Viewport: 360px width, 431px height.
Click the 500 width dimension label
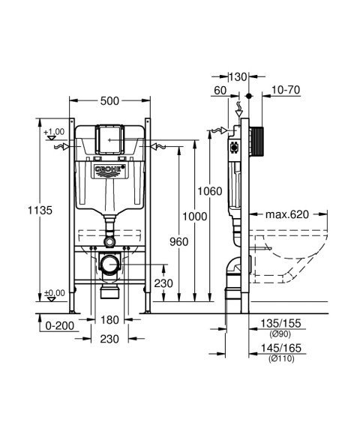click(x=110, y=100)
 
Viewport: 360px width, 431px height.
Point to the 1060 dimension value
click(x=211, y=191)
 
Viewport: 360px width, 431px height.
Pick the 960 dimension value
click(x=177, y=242)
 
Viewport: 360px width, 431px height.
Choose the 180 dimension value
click(x=110, y=321)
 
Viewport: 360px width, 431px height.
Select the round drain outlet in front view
click(x=110, y=264)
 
